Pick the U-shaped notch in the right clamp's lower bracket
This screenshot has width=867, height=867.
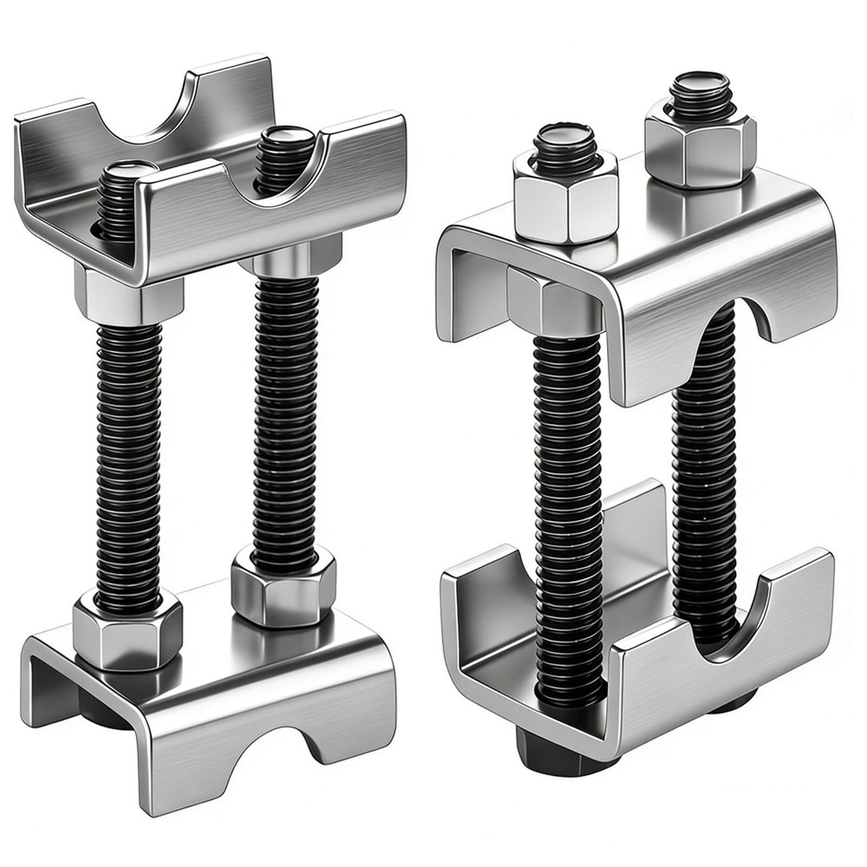729,616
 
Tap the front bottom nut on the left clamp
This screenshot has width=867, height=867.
127,631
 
